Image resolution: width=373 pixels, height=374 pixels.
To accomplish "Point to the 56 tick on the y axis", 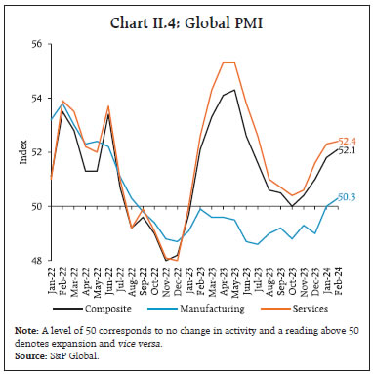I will [x=39, y=44].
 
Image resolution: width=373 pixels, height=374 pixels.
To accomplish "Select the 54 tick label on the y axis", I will [x=39, y=99].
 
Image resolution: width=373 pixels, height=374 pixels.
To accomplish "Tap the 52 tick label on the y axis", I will [x=39, y=152].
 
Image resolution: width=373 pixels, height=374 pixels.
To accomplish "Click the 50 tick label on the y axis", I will [x=39, y=207].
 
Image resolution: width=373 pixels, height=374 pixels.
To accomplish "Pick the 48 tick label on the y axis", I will [x=39, y=261].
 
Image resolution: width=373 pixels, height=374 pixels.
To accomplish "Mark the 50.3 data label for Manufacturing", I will [x=346, y=197].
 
